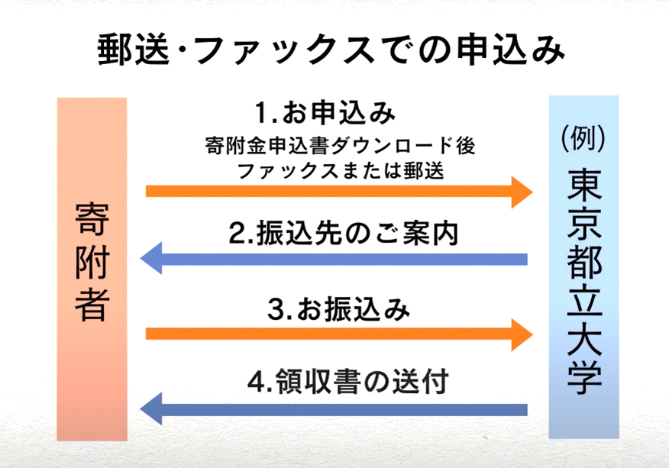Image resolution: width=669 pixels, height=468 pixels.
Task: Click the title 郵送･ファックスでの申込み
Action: coord(331,50)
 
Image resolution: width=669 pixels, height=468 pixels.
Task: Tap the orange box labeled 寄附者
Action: coord(92,270)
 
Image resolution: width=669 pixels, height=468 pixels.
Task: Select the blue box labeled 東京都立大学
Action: coord(583,267)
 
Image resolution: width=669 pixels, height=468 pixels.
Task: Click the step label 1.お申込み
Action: coord(325,114)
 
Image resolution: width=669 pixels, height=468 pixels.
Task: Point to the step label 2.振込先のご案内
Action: coord(344,234)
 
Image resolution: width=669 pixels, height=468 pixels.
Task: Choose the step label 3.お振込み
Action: coord(338,309)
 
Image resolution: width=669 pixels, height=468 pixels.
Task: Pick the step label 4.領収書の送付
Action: coord(347,381)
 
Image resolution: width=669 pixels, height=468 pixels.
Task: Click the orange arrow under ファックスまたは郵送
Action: coord(339,192)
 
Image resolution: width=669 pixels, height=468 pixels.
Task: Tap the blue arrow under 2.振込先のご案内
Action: coord(334,259)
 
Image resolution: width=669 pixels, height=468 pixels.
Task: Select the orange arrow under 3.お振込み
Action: coord(339,334)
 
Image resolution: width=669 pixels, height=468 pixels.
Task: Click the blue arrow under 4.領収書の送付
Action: coord(334,409)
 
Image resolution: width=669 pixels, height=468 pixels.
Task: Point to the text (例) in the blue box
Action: coord(583,138)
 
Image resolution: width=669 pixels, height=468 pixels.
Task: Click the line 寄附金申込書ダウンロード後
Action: coord(340,146)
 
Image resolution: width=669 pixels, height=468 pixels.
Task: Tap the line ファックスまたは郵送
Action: coord(340,171)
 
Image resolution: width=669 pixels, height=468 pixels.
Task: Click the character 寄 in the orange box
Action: coord(92,219)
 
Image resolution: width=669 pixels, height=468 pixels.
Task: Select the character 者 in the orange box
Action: coord(92,305)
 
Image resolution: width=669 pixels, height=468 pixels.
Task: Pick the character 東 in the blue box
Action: coord(584,186)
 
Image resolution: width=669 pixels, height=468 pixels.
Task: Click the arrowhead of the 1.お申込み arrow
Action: coord(522,192)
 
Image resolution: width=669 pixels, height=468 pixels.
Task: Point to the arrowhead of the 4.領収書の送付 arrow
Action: coord(151,409)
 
